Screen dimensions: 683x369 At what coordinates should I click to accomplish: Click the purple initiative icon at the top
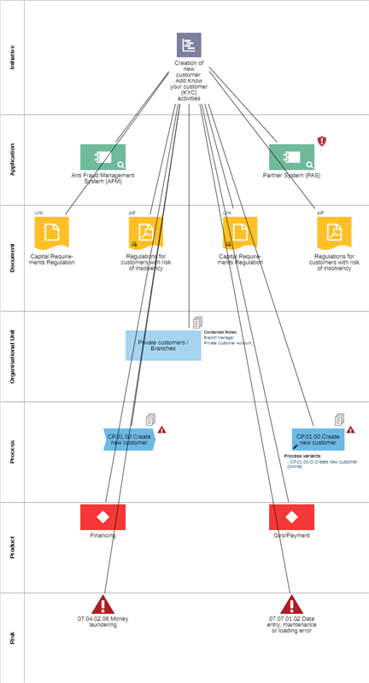189,45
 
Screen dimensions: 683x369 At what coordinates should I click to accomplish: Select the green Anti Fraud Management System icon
102,157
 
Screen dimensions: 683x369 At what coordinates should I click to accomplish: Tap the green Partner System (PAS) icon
291,157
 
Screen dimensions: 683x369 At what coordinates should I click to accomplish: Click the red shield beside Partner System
322,141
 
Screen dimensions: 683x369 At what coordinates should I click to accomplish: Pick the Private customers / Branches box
163,345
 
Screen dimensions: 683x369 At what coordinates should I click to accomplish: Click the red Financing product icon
102,517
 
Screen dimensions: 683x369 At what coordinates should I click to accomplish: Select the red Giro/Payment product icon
291,517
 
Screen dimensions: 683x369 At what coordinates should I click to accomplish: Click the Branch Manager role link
219,337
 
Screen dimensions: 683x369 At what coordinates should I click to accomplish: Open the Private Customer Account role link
227,342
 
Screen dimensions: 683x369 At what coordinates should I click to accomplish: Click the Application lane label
12,160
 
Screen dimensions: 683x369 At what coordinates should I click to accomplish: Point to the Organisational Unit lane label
12,356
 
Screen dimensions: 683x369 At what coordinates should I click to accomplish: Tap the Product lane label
12,547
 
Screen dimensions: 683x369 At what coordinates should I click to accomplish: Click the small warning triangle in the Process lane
161,430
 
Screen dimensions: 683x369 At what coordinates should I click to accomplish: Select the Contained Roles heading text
220,331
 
